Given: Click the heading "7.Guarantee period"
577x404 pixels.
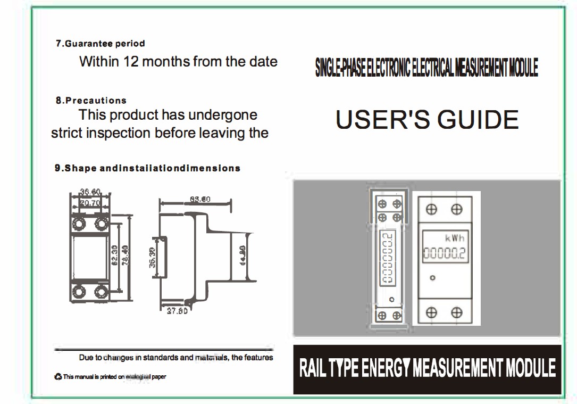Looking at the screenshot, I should click(100, 44).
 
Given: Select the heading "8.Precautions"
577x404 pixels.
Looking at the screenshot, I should click(91, 100).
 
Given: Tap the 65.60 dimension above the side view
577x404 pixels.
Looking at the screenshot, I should click(199, 200).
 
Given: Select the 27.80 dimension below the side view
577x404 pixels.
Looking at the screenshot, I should click(177, 311).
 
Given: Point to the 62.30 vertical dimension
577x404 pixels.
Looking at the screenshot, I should click(114, 256).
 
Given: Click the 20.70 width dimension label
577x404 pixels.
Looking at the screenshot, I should click(90, 203).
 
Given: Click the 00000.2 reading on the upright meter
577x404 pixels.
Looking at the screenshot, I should click(444, 254).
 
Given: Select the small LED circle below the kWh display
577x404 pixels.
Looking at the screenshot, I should click(433, 278).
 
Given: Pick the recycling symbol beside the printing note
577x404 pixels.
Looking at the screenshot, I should click(58, 377).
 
